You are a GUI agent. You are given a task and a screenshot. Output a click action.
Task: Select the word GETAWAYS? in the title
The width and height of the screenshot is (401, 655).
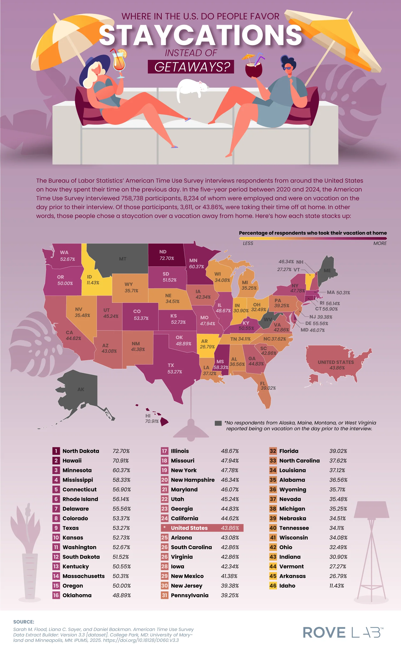(191, 67)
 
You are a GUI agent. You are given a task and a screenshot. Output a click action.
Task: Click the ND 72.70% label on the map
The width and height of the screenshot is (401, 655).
(166, 255)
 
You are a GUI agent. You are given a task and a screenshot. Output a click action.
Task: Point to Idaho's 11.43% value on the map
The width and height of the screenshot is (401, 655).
(93, 283)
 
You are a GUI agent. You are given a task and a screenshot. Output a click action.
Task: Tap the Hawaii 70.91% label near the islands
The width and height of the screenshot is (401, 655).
(152, 419)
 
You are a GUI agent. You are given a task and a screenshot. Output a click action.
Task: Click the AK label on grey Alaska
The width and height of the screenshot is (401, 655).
(81, 389)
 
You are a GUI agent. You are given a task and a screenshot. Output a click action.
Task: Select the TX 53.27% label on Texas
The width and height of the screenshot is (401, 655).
(174, 369)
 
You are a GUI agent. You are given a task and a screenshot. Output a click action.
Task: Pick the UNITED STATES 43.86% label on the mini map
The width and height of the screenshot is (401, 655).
(336, 365)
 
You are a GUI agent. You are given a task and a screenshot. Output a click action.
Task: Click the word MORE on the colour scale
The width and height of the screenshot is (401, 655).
(380, 243)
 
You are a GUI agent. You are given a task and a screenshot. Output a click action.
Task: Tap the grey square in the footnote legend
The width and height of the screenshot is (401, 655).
(218, 423)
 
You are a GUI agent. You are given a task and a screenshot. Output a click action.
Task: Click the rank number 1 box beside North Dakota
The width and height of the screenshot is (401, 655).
(56, 451)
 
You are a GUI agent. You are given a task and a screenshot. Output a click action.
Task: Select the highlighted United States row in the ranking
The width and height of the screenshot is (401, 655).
(202, 528)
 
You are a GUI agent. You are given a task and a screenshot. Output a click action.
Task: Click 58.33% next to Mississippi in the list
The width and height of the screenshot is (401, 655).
(121, 480)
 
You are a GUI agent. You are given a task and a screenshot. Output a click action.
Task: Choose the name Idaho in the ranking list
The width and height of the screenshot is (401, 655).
(287, 586)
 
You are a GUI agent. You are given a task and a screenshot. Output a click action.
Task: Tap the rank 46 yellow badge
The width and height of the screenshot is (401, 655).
(273, 586)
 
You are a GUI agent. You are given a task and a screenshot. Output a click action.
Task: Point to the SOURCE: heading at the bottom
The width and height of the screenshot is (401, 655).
(24, 622)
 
